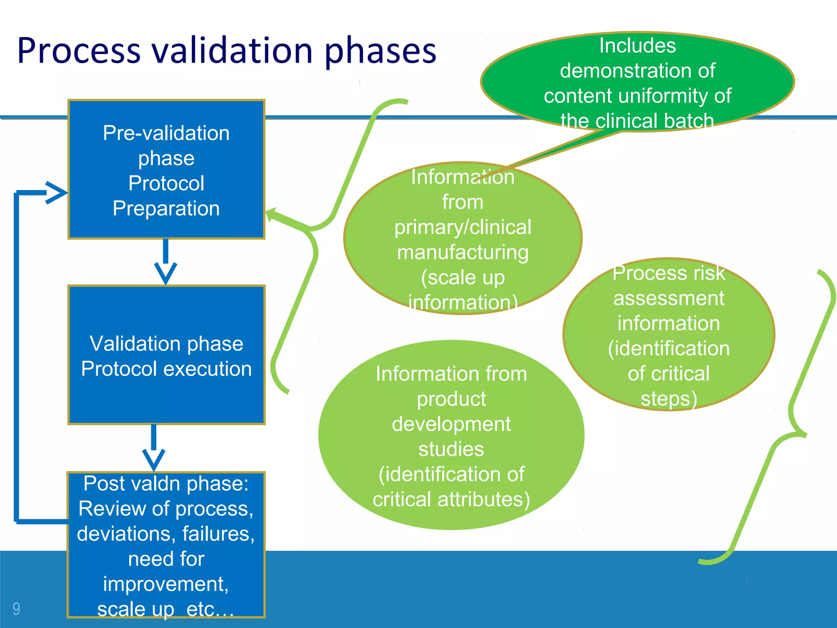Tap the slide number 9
(16, 609)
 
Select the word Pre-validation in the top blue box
(166, 133)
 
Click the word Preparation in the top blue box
(166, 209)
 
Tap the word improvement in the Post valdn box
(166, 584)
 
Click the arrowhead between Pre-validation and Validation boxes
(166, 273)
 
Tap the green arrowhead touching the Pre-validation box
(272, 214)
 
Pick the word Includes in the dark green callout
(637, 46)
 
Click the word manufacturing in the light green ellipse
(463, 252)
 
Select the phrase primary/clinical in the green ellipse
(463, 227)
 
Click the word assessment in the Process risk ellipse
(669, 298)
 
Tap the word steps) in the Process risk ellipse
(669, 399)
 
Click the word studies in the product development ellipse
(451, 449)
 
